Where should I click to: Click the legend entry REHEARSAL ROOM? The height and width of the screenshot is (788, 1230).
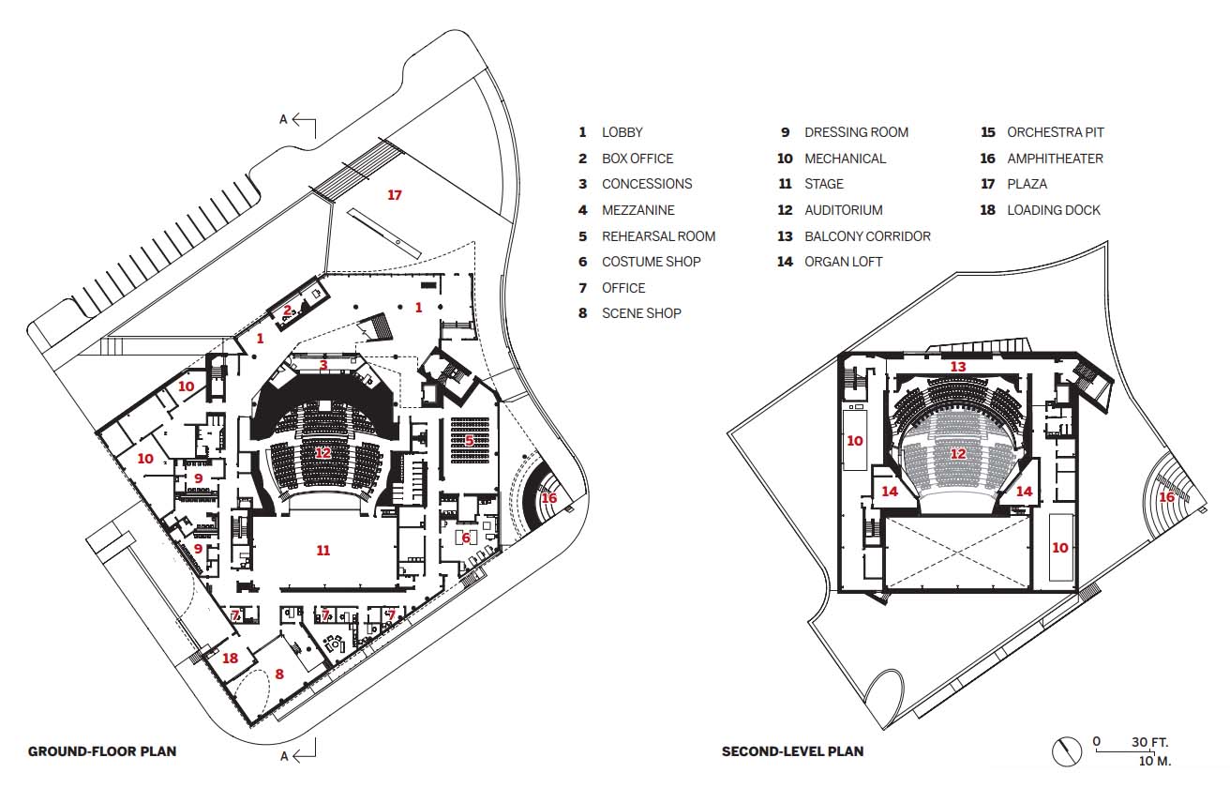(x=658, y=236)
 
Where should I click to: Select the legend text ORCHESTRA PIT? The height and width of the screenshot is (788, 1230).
(x=1055, y=132)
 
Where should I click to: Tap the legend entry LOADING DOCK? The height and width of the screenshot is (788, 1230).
(x=1053, y=210)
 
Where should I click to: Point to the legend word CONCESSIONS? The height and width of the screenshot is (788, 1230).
(x=647, y=184)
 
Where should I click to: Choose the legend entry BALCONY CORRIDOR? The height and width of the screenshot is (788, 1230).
(x=867, y=236)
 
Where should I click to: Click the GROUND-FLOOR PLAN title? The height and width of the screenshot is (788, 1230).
(x=102, y=751)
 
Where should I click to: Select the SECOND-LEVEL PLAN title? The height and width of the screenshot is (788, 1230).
(x=792, y=751)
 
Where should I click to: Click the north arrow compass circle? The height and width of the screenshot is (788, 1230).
(x=1067, y=751)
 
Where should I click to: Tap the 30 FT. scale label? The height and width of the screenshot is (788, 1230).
(x=1149, y=742)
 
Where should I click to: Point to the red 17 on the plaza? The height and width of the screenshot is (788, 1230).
(x=395, y=195)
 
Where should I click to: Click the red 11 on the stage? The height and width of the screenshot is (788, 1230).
(x=322, y=550)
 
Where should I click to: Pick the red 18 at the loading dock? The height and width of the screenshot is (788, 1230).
(x=230, y=658)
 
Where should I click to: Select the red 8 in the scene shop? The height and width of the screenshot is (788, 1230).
(x=279, y=674)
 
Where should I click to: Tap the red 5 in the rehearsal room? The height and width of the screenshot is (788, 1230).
(x=470, y=440)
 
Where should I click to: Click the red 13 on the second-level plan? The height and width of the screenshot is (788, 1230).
(x=958, y=367)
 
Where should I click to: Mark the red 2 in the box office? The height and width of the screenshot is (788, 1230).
(x=287, y=311)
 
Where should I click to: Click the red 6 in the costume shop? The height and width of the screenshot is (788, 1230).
(x=466, y=538)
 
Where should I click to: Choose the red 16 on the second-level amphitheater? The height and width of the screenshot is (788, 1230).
(x=1166, y=497)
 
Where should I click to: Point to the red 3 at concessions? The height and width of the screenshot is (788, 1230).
(x=323, y=365)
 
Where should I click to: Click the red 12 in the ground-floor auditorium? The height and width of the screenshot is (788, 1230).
(x=322, y=453)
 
